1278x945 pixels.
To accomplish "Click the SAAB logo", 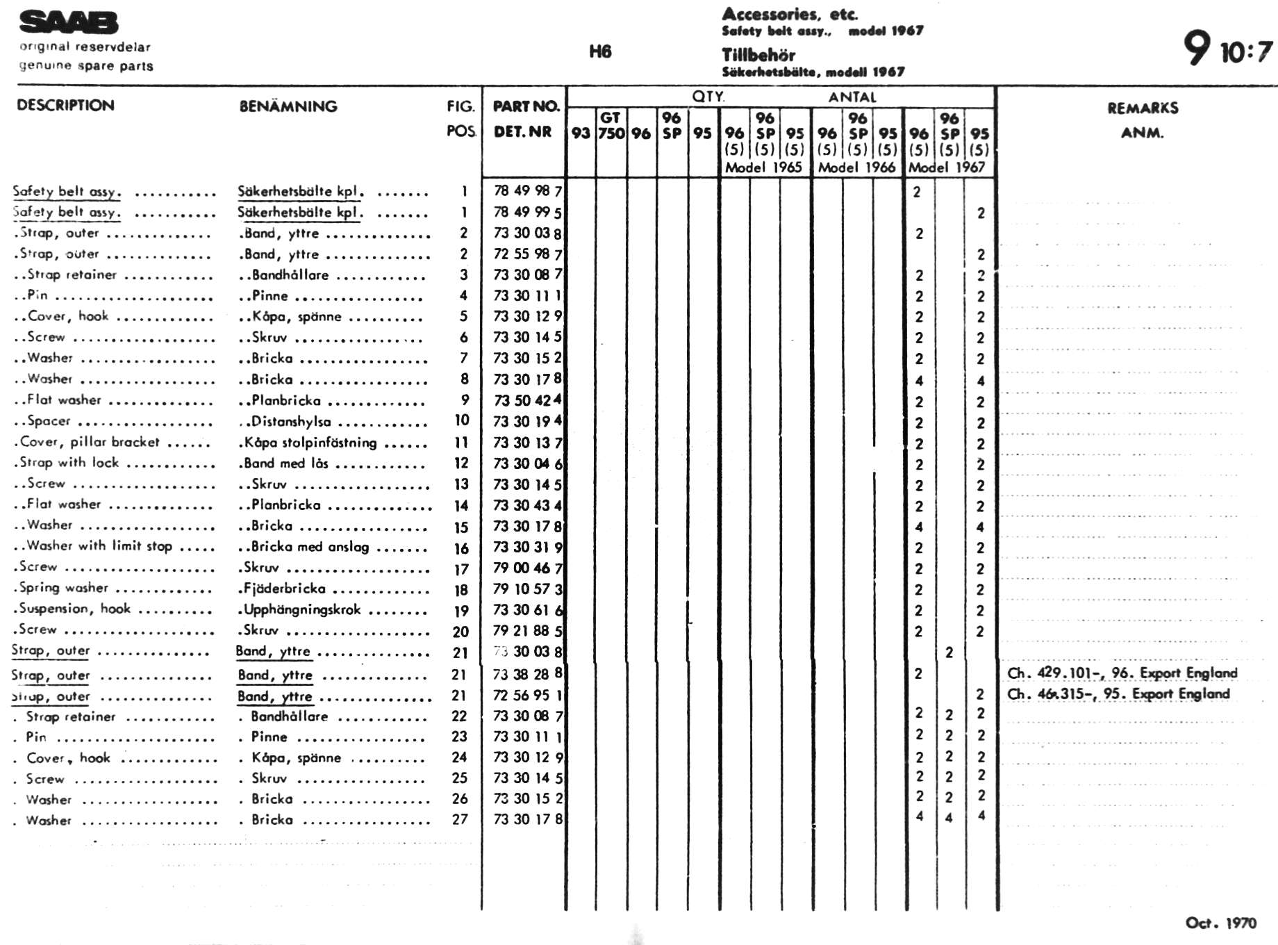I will coord(69,22).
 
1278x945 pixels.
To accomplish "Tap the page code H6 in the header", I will coord(600,51).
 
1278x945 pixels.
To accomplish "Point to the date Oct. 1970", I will coord(1220,923).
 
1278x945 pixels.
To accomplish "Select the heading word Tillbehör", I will coord(758,55).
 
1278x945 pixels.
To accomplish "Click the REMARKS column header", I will coord(1143,108).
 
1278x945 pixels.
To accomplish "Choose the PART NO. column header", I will coord(526,106).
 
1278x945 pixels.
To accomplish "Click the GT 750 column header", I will coord(611,126).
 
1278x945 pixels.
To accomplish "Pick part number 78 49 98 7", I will coord(528,191).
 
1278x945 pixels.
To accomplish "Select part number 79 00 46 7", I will coord(528,568).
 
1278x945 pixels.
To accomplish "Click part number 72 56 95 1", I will coord(528,695).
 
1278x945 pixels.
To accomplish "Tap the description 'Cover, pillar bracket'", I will coord(90,442).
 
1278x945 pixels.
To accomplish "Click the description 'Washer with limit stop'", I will coord(99,546).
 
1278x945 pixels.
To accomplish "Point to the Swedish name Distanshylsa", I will coord(290,421).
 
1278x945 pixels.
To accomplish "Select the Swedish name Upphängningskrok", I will coord(301,610).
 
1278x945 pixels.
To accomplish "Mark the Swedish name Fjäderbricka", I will coord(284,589).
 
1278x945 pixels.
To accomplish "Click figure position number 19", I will coord(461,611).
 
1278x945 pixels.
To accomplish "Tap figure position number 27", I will coord(460,819).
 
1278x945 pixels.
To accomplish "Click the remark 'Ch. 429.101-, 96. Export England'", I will coord(1122,673).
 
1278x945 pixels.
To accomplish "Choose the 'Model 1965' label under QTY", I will coord(763,167).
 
